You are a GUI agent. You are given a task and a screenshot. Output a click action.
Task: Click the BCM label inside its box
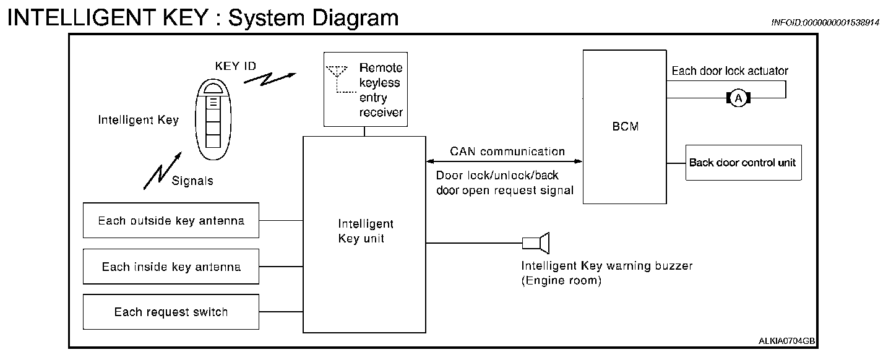(626, 127)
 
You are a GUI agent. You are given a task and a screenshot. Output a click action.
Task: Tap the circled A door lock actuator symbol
(738, 98)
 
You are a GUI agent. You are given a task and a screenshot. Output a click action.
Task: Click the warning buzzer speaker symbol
(536, 242)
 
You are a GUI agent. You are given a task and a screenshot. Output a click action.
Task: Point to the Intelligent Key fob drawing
(213, 119)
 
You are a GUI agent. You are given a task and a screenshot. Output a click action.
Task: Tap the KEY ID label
(236, 66)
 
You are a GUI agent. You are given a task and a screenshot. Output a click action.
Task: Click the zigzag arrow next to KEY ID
(270, 79)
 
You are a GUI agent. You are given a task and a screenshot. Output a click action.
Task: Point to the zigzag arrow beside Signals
(162, 171)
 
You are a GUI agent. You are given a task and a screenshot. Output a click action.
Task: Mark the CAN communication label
(507, 152)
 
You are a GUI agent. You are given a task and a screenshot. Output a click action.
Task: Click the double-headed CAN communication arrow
(504, 161)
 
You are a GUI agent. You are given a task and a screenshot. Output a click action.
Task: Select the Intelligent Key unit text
(366, 231)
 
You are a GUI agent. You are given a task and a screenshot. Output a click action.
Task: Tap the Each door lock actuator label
(730, 71)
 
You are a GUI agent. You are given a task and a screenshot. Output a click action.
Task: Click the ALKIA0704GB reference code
(786, 341)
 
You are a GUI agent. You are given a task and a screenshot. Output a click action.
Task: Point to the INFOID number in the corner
(825, 22)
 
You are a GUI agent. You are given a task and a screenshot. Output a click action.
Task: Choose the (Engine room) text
(561, 280)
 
